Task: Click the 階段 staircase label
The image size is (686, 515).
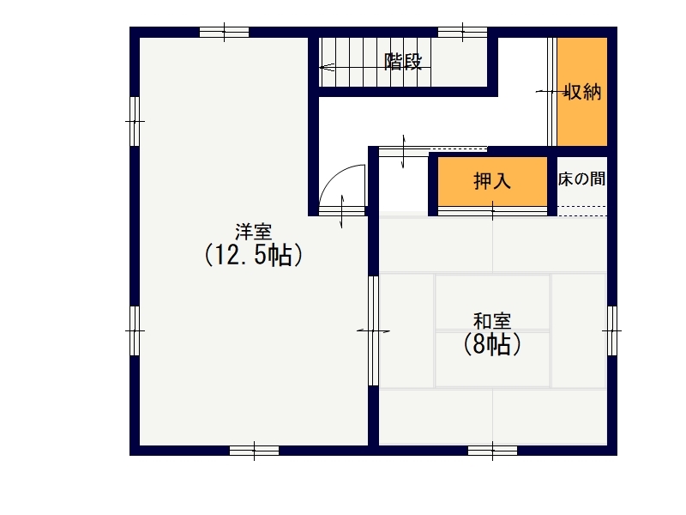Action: tap(403, 62)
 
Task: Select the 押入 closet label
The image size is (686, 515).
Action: tap(492, 180)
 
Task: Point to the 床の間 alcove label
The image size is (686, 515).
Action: tap(581, 179)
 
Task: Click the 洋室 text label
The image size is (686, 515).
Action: tap(253, 232)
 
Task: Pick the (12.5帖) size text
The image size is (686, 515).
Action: tap(254, 255)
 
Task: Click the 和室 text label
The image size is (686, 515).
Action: tap(492, 321)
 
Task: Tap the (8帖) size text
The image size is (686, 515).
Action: tap(492, 344)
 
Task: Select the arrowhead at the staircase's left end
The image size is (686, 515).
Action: tap(326, 68)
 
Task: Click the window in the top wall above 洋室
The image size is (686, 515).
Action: tap(225, 32)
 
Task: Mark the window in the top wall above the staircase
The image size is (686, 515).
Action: tap(463, 32)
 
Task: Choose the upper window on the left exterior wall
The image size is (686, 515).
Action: tap(135, 121)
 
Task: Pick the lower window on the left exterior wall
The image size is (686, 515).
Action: tap(135, 330)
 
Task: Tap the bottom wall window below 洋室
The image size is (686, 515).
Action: tap(254, 451)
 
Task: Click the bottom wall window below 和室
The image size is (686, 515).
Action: tap(492, 451)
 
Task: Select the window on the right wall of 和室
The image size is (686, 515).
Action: tap(612, 330)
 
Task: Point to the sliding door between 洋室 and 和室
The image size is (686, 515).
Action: tap(373, 330)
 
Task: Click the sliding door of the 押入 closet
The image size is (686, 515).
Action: tap(492, 211)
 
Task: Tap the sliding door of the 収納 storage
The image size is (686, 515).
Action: tap(552, 92)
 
